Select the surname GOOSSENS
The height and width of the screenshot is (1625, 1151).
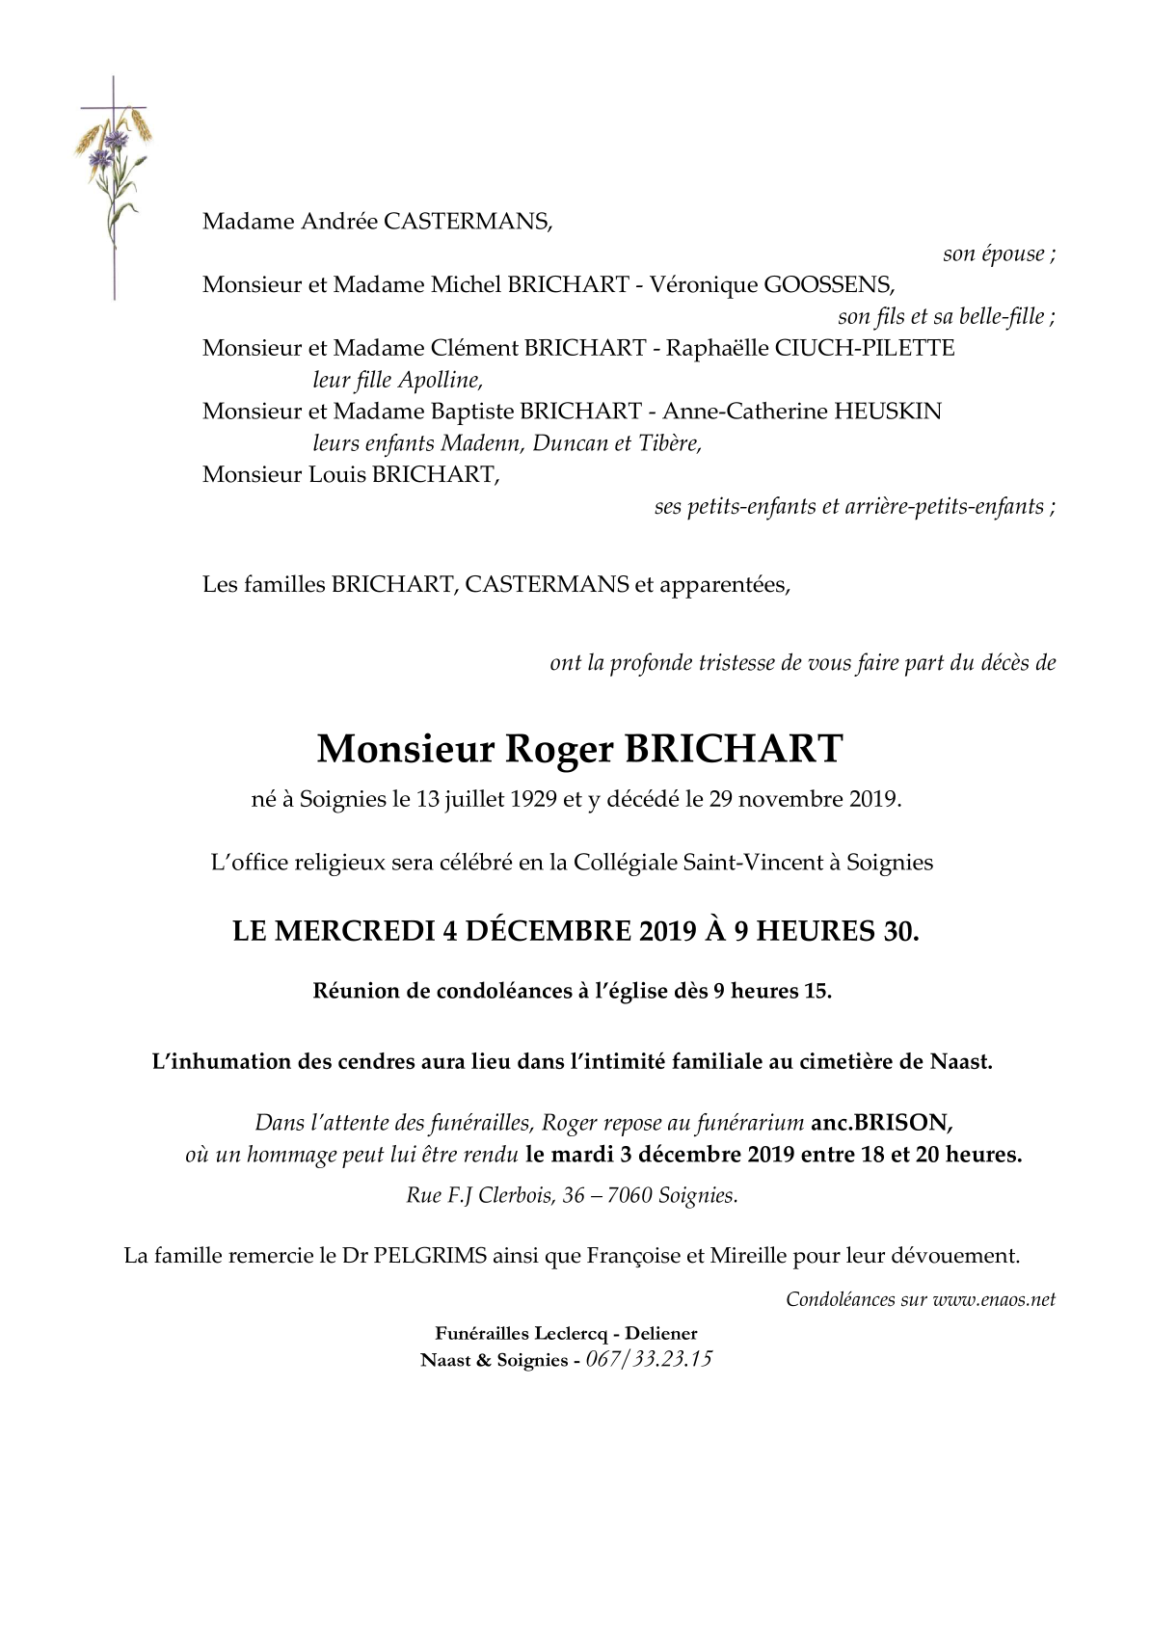828,284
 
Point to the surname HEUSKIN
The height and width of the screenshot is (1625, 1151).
887,412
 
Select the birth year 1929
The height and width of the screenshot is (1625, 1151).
530,799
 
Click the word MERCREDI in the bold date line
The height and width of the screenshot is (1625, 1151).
359,931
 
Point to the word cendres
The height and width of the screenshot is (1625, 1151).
377,1062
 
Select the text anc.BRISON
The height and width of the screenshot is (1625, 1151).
882,1122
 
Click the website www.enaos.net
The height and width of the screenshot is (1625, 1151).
994,1299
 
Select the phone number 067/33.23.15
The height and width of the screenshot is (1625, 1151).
649,1360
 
